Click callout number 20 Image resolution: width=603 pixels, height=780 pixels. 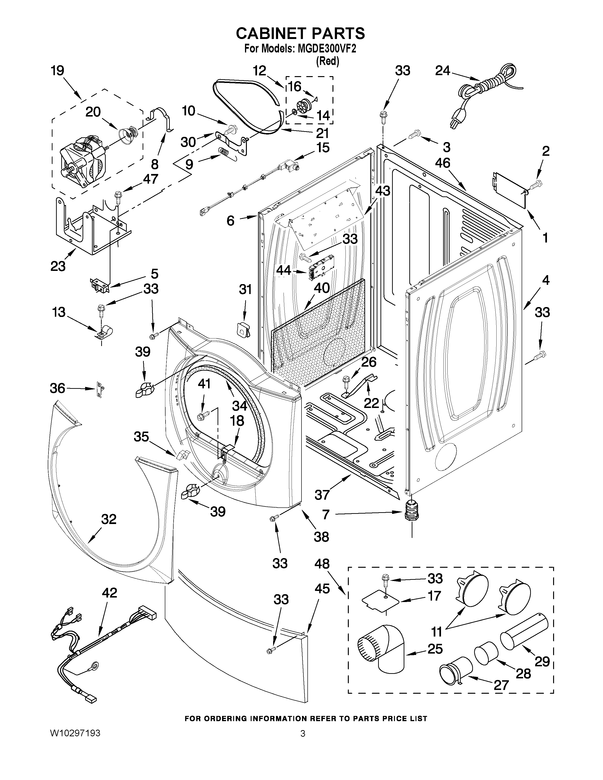coord(93,112)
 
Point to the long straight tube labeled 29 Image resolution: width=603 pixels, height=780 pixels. coord(524,629)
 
